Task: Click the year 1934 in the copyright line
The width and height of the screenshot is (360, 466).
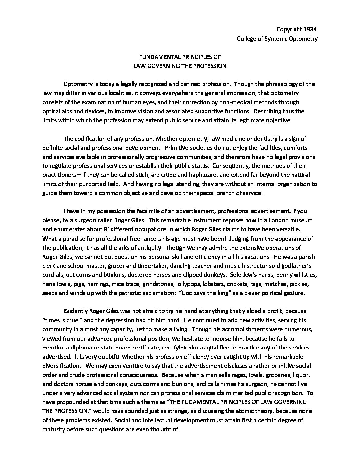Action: [310, 29]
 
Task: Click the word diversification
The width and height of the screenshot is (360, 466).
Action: [62, 366]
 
